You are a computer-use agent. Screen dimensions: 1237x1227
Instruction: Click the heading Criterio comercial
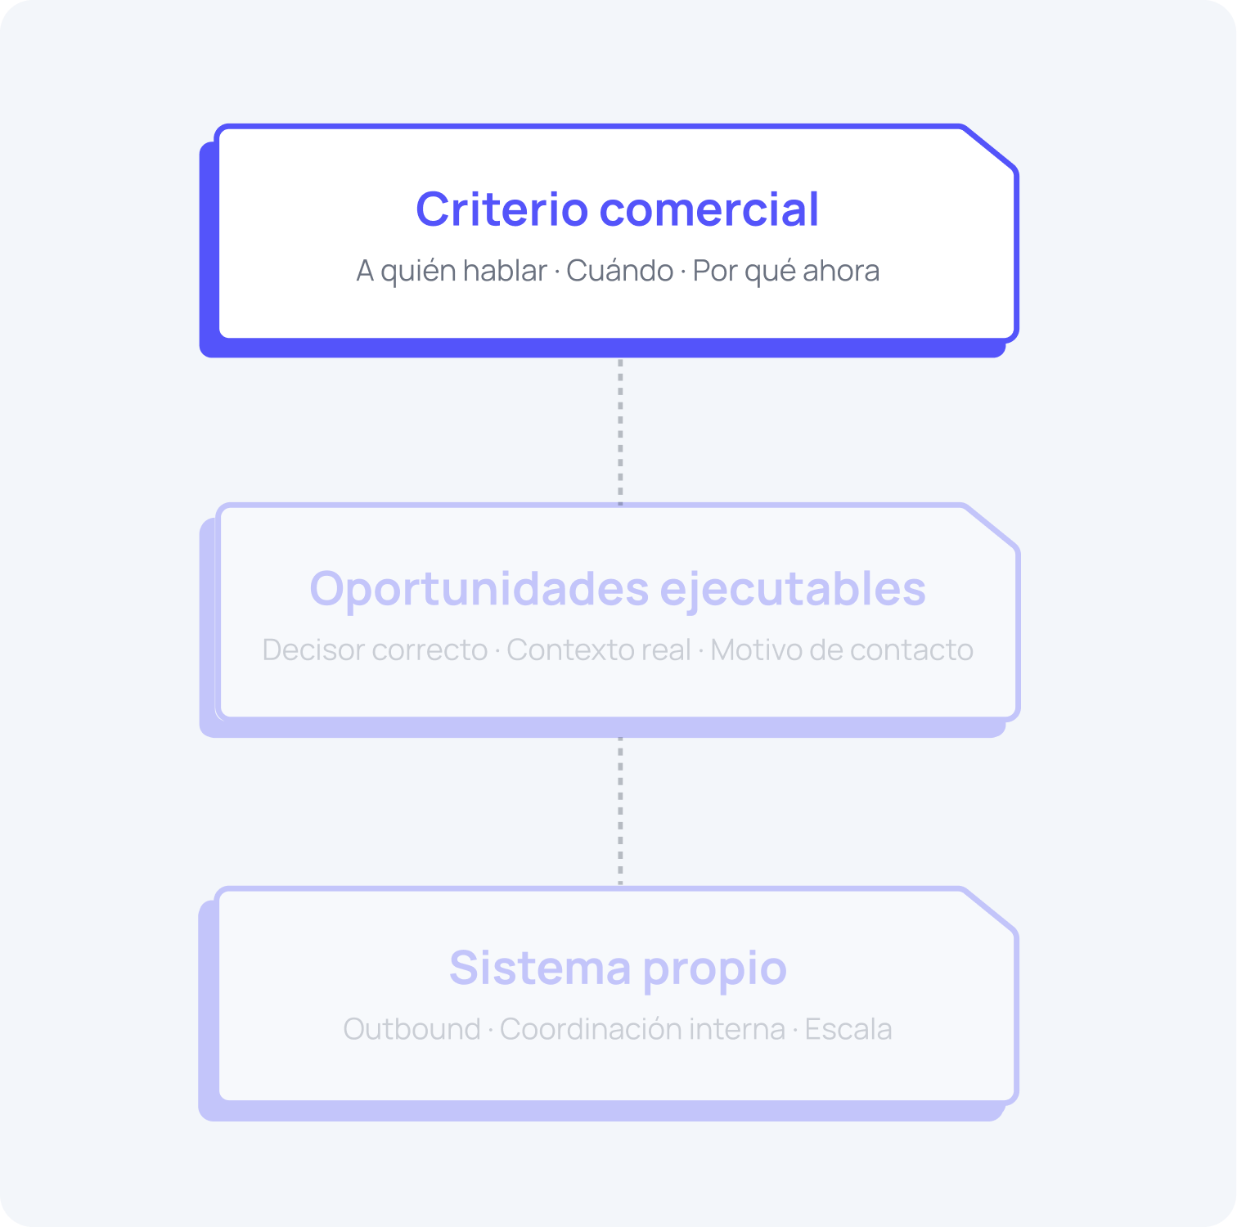(x=617, y=209)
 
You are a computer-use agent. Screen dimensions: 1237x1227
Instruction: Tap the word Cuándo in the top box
(x=619, y=271)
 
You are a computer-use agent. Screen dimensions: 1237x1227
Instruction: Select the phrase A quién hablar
(x=452, y=271)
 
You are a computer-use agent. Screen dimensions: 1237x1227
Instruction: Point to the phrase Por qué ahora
(x=785, y=271)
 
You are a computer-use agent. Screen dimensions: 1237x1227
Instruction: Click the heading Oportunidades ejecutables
(x=617, y=589)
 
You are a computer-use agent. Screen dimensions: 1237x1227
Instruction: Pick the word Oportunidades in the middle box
(x=479, y=589)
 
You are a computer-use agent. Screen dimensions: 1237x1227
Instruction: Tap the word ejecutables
(x=792, y=589)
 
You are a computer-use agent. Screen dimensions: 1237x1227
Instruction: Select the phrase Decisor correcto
(x=375, y=650)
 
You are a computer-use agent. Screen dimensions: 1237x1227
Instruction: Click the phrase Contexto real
(x=599, y=650)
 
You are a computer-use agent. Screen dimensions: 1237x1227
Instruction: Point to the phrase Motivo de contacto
(x=841, y=650)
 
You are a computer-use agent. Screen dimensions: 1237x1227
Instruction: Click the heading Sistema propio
(x=617, y=969)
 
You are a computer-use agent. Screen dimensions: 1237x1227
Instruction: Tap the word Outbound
(x=412, y=1029)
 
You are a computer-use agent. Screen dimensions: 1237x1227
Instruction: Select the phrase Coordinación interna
(x=642, y=1029)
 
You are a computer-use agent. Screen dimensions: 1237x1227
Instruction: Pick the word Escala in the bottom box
(x=848, y=1029)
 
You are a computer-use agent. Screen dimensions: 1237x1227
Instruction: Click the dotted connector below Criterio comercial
(x=620, y=430)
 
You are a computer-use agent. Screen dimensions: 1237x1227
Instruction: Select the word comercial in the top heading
(x=708, y=209)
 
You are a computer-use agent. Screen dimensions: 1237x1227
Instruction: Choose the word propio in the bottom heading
(x=713, y=969)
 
